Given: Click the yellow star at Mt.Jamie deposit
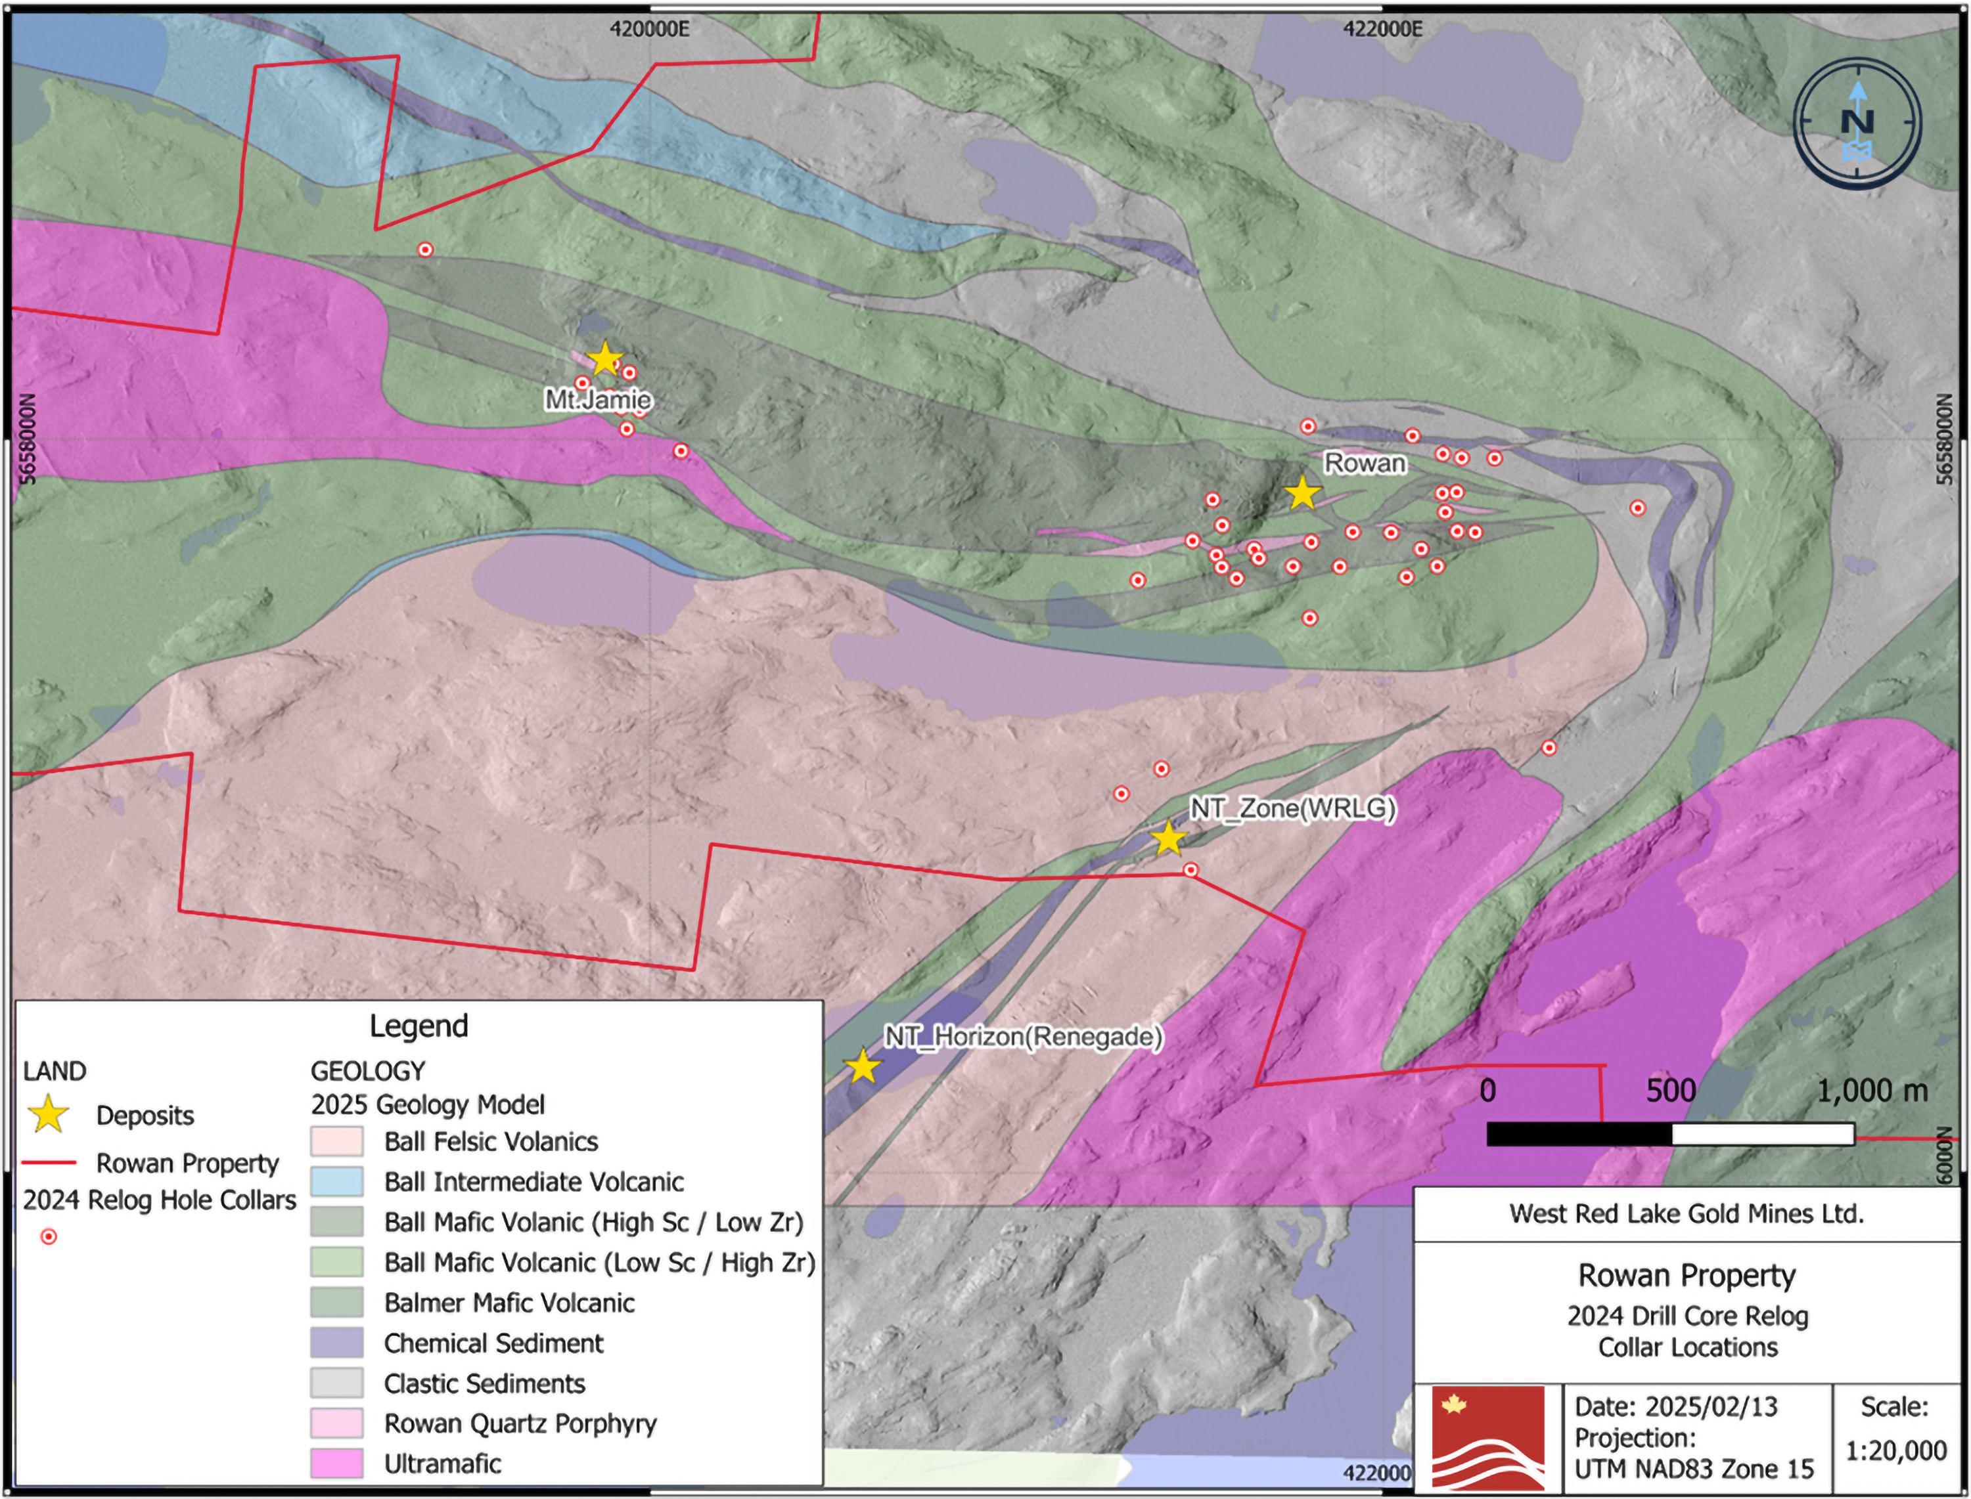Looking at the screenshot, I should (x=605, y=358).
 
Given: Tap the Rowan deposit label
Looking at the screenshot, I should (x=1364, y=463).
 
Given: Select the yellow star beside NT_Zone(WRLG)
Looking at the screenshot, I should (x=1167, y=838).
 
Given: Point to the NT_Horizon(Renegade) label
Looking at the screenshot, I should (x=1023, y=1037).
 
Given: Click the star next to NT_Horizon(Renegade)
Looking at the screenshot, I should (x=861, y=1066).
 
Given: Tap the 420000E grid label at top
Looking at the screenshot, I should (x=649, y=30).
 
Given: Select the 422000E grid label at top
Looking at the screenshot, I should (x=1383, y=30).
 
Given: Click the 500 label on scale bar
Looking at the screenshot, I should (x=1670, y=1091).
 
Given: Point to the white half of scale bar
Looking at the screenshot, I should (x=1762, y=1134).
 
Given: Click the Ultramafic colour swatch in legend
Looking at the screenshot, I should (x=336, y=1464).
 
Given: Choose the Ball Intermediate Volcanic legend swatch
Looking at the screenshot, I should (x=336, y=1181).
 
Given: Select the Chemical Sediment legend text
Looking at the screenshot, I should (x=493, y=1343).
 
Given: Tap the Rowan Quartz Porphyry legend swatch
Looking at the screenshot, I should (x=336, y=1423).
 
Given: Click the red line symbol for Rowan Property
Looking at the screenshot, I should (x=49, y=1163).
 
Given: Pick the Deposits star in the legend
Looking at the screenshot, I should (x=48, y=1116).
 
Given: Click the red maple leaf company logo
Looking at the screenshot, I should (x=1489, y=1437).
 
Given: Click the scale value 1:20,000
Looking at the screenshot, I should (x=1895, y=1451).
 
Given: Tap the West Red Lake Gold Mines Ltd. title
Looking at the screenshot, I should (x=1687, y=1213).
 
